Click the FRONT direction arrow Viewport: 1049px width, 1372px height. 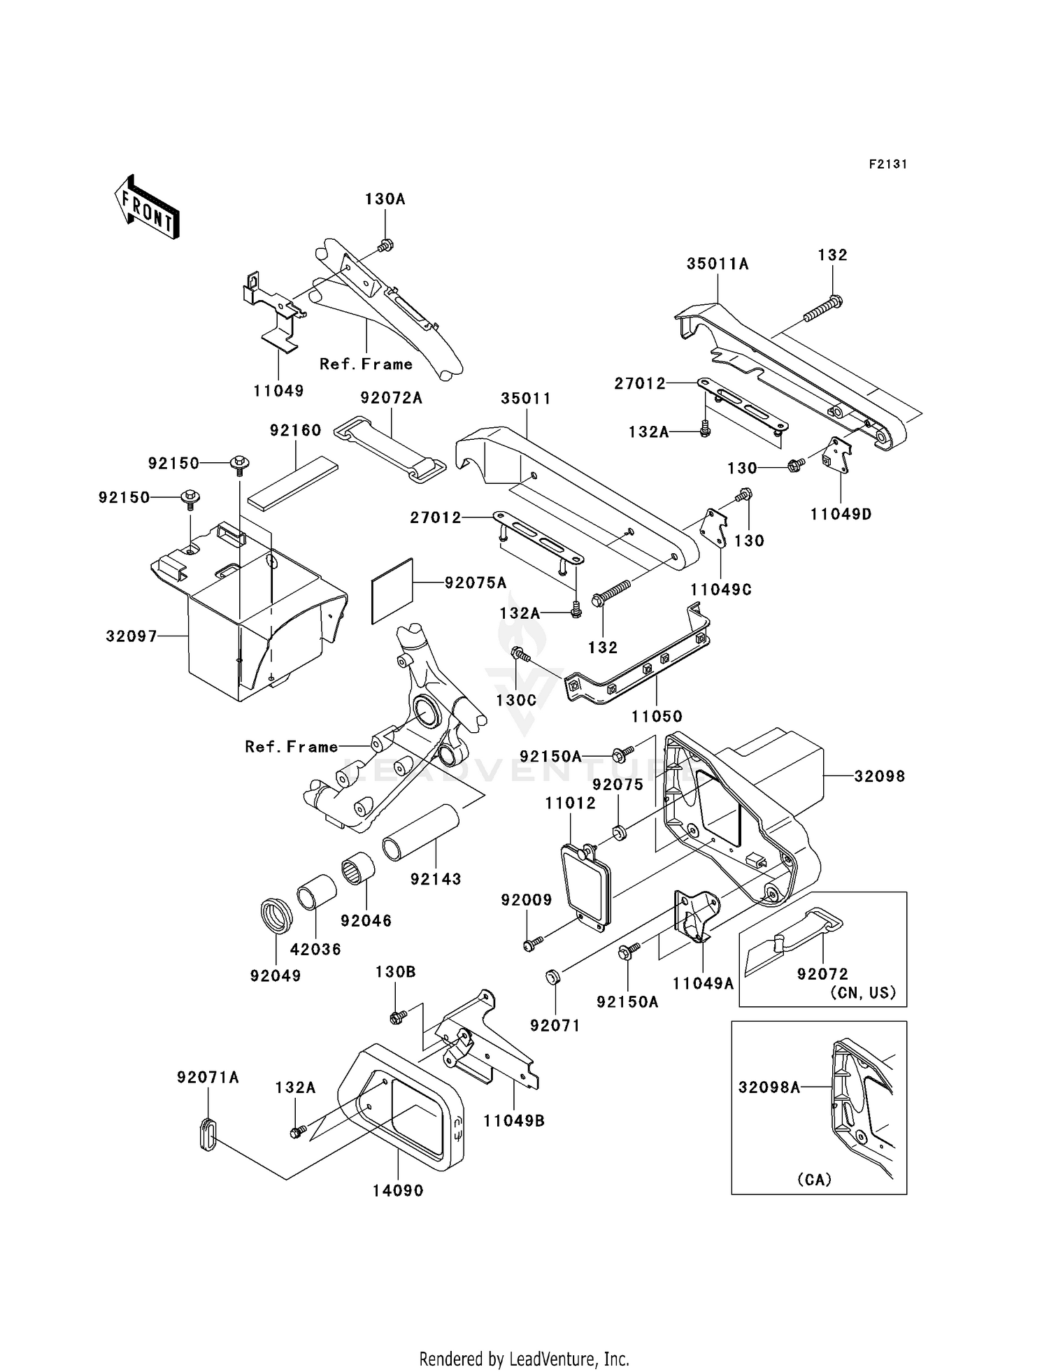coord(147,207)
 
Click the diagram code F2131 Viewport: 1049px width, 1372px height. coord(887,164)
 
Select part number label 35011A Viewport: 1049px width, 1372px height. coord(718,264)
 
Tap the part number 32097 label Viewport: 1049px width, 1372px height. coord(131,636)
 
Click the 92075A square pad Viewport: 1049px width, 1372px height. coord(392,591)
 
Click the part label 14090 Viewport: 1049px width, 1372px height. coord(398,1190)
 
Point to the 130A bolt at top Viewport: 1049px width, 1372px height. coord(385,245)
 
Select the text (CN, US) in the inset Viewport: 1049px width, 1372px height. coord(863,993)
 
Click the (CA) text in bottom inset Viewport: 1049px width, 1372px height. coord(815,1180)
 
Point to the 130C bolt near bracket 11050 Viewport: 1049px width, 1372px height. coord(520,655)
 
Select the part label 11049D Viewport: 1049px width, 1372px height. coord(841,514)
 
